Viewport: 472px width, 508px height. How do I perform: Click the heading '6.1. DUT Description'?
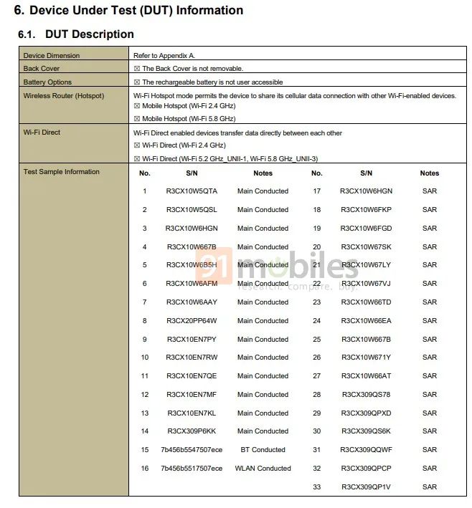click(x=75, y=34)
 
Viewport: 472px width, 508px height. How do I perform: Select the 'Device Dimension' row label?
click(x=52, y=56)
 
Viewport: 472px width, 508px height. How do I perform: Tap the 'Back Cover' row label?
click(x=42, y=69)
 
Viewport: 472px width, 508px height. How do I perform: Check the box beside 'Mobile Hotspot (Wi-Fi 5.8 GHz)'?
click(x=137, y=119)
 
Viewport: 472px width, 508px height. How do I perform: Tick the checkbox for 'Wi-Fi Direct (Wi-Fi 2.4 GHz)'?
click(x=137, y=145)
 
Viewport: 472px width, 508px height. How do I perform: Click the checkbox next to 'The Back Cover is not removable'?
click(x=137, y=69)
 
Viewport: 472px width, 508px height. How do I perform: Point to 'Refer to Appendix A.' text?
click(x=164, y=56)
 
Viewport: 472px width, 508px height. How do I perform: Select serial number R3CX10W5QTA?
click(x=192, y=191)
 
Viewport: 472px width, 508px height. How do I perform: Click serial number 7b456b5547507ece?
click(x=192, y=450)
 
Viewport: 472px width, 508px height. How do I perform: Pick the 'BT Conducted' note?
click(x=263, y=450)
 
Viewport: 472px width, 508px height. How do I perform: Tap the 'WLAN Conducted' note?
click(x=263, y=469)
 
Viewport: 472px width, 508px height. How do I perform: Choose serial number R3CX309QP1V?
click(x=366, y=487)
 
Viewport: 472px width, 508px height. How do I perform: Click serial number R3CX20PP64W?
click(x=192, y=321)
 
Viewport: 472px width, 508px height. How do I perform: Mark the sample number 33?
click(x=316, y=487)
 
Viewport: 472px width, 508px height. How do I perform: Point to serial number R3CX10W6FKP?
click(x=366, y=210)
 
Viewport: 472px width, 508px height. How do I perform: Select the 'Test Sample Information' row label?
click(x=62, y=172)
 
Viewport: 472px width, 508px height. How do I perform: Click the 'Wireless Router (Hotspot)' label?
click(x=64, y=95)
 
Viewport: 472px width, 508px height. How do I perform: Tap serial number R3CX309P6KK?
click(x=192, y=431)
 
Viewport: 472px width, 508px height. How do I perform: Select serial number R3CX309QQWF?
click(x=366, y=450)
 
